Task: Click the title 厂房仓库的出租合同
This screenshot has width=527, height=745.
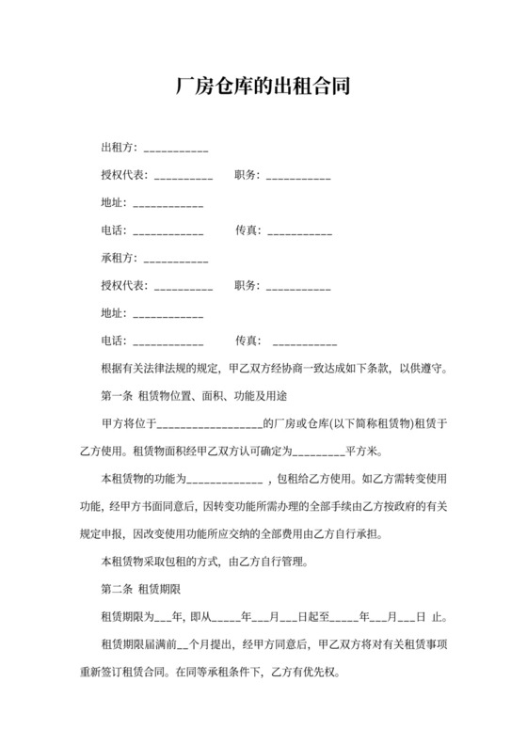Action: click(x=263, y=87)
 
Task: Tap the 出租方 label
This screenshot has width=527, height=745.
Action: click(x=118, y=148)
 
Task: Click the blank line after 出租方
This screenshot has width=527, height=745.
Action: click(x=175, y=150)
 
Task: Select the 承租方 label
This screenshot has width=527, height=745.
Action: click(x=118, y=258)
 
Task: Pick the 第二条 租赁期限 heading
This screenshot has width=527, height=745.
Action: click(x=140, y=590)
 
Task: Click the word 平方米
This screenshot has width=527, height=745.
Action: click(x=363, y=451)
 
